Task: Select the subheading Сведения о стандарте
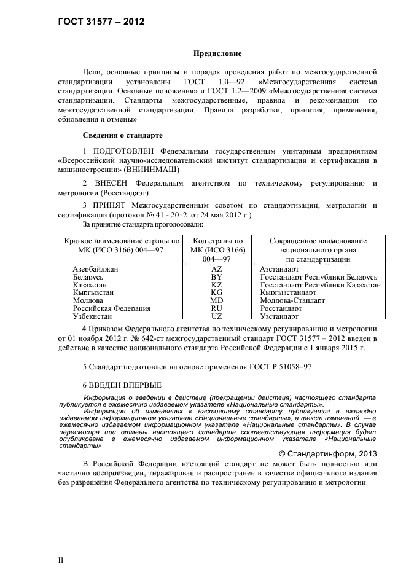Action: pos(122,135)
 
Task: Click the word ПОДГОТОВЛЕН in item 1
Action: pos(125,151)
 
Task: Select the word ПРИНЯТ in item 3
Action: pos(114,205)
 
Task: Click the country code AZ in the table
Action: pos(216,269)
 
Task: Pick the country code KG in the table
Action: pos(216,292)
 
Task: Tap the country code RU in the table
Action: pos(216,308)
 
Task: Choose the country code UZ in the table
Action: pos(216,316)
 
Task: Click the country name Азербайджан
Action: pos(95,269)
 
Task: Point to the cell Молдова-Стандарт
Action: pos(292,300)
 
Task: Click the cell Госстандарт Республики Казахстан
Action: pos(320,285)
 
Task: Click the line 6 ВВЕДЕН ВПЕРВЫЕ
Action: pos(122,385)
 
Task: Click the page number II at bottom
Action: pos(61,560)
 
